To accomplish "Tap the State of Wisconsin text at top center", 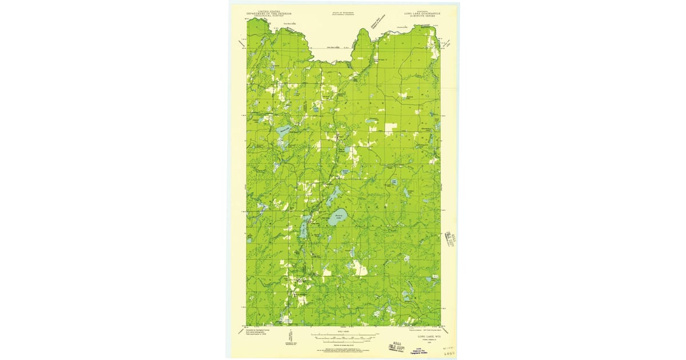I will point(342,11).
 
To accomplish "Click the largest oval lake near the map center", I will point(338,217).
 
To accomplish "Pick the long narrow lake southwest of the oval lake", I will point(302,230).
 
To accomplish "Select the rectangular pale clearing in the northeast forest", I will point(390,129).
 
